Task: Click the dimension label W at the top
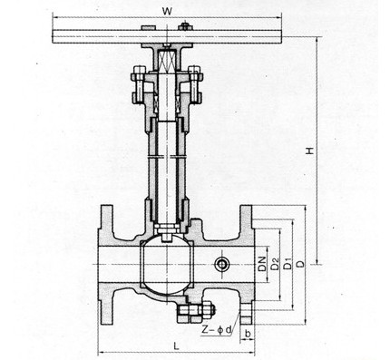(x=167, y=12)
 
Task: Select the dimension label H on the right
(x=309, y=151)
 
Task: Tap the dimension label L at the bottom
(x=177, y=345)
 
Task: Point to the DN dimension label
(x=262, y=264)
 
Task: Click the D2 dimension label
(x=275, y=264)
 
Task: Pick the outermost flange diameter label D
(x=300, y=264)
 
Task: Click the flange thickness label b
(x=248, y=334)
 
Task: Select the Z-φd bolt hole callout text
(x=217, y=330)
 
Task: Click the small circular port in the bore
(x=222, y=265)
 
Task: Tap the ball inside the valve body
(x=167, y=264)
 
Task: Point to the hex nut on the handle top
(x=185, y=26)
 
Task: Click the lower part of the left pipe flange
(x=106, y=305)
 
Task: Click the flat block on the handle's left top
(x=149, y=28)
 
